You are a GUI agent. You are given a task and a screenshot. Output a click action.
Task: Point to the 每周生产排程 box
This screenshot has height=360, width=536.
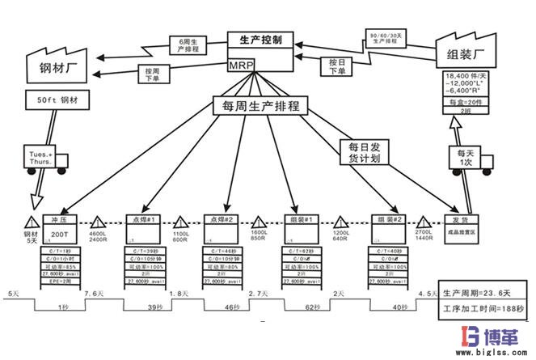tap(255, 105)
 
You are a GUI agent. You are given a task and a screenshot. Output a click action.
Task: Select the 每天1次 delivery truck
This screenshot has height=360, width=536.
tap(464, 157)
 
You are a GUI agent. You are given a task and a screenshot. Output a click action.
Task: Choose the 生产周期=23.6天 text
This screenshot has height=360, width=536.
tap(480, 291)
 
